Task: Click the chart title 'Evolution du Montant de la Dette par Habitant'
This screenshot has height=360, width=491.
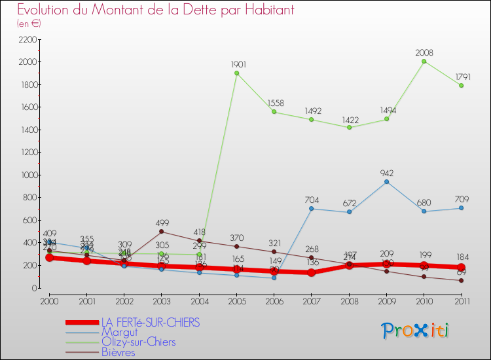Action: (155, 10)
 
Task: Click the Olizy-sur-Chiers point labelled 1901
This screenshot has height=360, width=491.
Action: (236, 73)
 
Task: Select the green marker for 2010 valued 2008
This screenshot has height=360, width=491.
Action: (424, 61)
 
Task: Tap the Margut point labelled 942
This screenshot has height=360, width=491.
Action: (386, 181)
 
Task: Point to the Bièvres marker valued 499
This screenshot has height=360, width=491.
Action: (161, 232)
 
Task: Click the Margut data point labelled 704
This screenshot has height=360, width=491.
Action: (311, 208)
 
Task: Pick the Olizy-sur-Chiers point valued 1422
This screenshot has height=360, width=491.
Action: (349, 127)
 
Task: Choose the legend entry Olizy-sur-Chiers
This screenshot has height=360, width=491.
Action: (138, 342)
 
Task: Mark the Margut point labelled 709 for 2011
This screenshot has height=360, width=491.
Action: (461, 207)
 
